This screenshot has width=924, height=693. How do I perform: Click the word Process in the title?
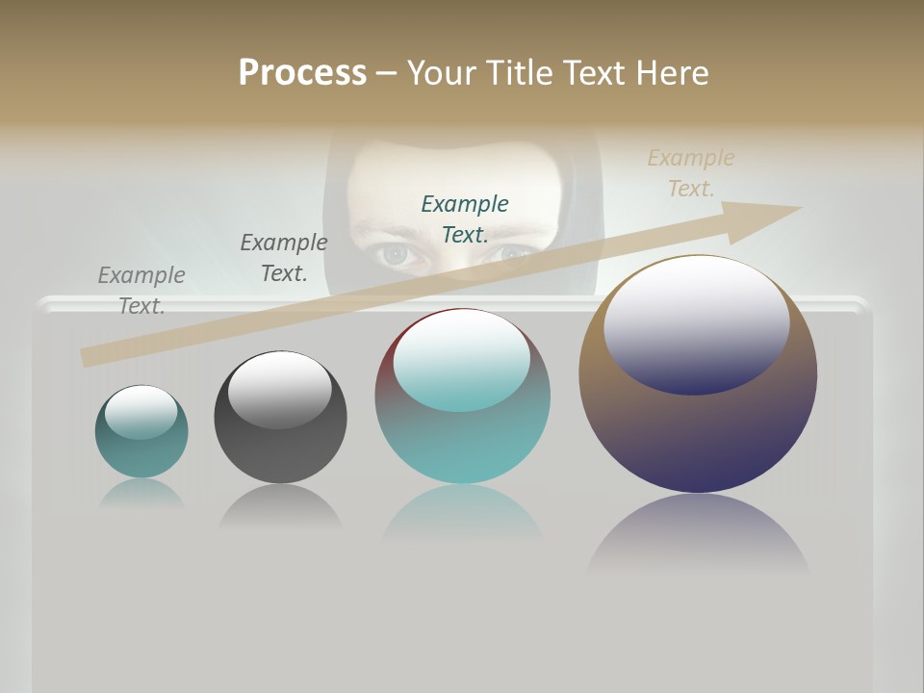(302, 73)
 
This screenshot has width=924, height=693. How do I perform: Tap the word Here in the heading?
(672, 73)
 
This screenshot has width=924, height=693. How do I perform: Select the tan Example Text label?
(690, 173)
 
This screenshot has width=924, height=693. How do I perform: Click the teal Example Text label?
(465, 218)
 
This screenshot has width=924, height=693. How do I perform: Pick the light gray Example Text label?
(141, 291)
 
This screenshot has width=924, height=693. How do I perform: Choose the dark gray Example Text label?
(284, 258)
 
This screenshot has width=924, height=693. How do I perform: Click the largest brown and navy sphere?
(698, 433)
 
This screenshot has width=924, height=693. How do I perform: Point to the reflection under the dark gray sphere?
(280, 506)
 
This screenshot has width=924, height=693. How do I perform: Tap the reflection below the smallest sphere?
(141, 494)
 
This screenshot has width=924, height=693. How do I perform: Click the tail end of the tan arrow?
(87, 357)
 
